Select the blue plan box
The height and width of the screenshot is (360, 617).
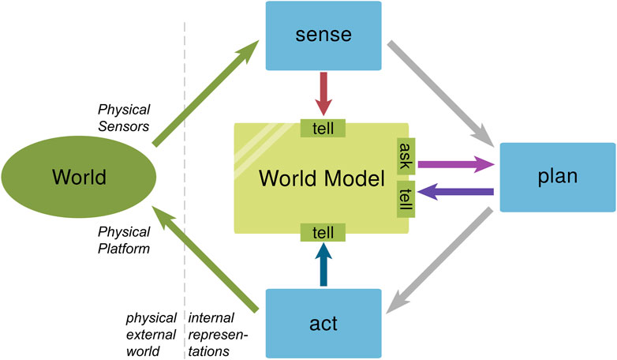557,177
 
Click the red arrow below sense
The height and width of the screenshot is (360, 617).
324,93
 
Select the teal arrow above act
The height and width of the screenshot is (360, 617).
324,264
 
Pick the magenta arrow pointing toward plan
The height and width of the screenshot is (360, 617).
454,164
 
